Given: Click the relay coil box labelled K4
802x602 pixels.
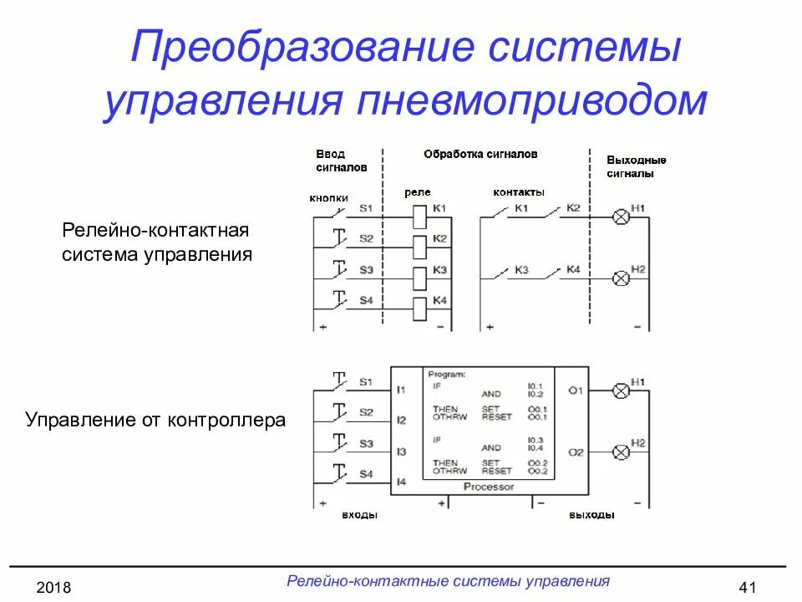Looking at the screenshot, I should [x=420, y=306].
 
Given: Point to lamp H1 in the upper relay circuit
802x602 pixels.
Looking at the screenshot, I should [x=622, y=217].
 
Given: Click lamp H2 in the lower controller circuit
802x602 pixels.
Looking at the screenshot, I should [x=622, y=452].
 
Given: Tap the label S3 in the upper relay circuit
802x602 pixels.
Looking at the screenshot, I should [x=366, y=270].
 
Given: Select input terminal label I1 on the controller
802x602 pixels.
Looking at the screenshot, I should [x=401, y=390].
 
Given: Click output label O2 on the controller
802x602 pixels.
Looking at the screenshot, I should [x=576, y=452].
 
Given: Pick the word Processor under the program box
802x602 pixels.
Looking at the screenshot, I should [x=489, y=487].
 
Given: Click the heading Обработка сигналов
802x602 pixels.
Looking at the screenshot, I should [x=480, y=154].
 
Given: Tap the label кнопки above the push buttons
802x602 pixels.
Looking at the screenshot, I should [x=328, y=198].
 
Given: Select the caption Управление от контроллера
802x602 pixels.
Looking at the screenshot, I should [x=155, y=420].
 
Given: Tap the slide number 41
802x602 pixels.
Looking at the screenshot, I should [x=748, y=588].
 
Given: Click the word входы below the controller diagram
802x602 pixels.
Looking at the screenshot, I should [x=359, y=515].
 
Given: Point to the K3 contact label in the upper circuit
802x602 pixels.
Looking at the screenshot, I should [x=521, y=270].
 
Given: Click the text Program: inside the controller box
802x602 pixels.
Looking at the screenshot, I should [x=446, y=375].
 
